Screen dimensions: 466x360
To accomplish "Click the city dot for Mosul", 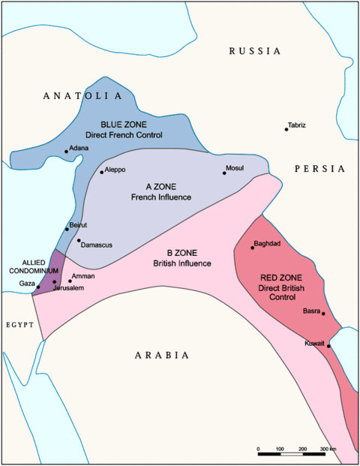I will (x=224, y=173).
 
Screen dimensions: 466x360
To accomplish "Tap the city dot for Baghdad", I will (x=253, y=248).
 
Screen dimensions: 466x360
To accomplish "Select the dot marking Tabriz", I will (x=286, y=129).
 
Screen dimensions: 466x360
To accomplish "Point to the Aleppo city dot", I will (x=102, y=172).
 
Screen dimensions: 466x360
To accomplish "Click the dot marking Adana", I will (x=66, y=152).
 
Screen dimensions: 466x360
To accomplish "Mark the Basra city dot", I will (x=323, y=314).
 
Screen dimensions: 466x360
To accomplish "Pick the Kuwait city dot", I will (x=328, y=346).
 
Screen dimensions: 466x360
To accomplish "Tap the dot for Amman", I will (x=70, y=281).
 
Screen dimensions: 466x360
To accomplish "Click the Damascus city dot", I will (x=79, y=241).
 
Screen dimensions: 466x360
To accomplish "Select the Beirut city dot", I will (x=67, y=229).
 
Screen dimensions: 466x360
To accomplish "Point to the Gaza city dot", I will (x=38, y=287).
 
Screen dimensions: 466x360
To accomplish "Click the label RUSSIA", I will (x=255, y=51).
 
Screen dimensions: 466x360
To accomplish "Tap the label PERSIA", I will (x=319, y=169).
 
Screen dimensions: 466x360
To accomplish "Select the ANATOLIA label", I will (x=82, y=96).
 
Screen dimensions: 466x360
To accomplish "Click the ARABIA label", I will (x=161, y=356).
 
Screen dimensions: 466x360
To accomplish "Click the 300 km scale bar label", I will (x=328, y=448).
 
